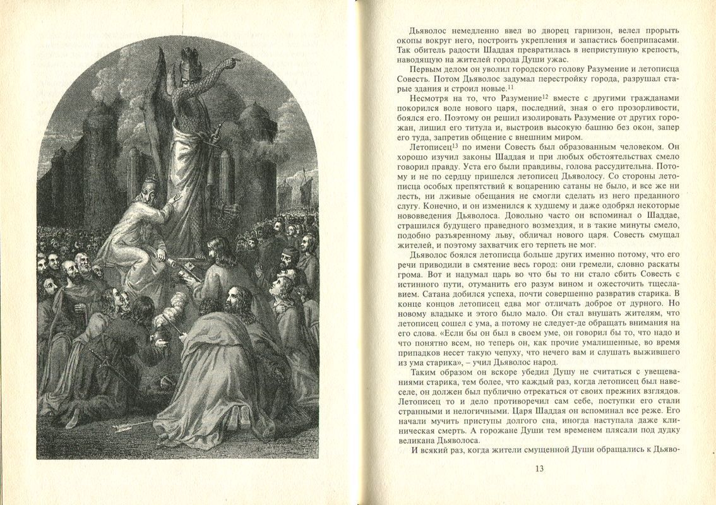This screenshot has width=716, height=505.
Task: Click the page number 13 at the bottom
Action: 539,468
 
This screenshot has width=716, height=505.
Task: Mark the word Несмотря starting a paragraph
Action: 431,99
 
